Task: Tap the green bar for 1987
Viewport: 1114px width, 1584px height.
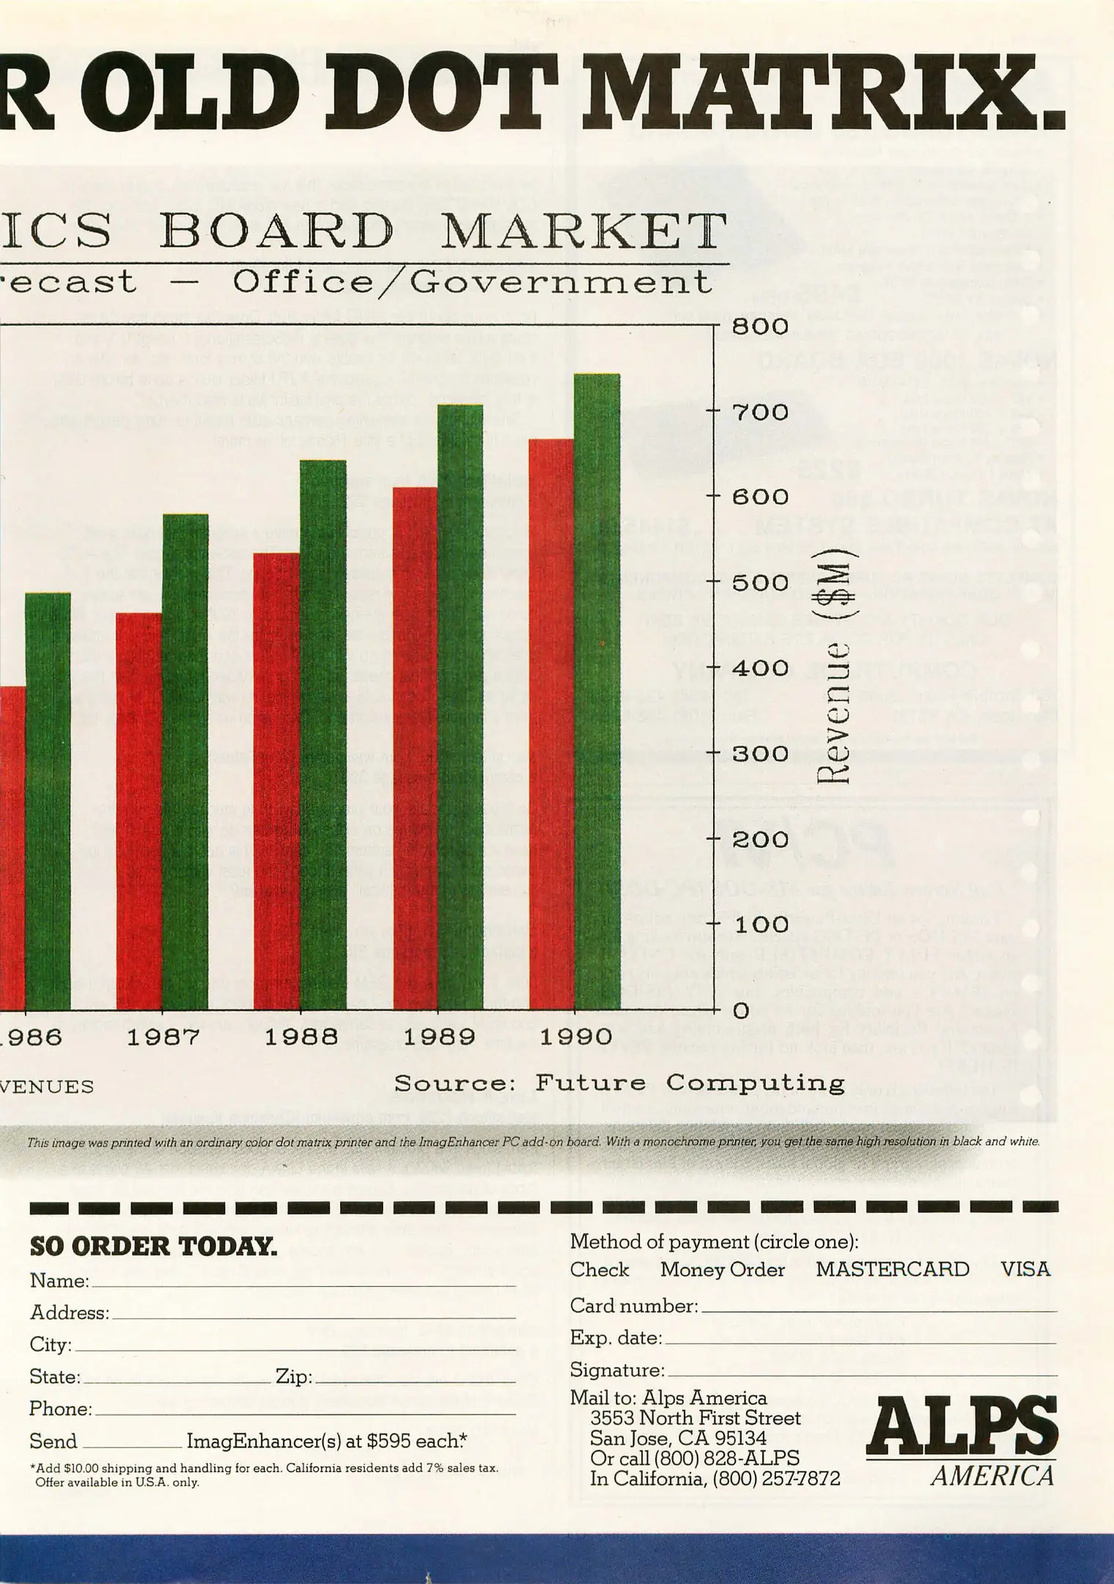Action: click(185, 763)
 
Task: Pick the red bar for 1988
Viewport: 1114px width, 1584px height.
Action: click(277, 781)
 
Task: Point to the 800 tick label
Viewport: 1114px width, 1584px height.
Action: click(760, 326)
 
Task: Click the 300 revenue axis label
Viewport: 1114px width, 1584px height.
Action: click(760, 754)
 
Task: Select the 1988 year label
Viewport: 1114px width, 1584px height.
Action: click(300, 1037)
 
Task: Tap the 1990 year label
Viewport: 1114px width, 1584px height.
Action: click(575, 1037)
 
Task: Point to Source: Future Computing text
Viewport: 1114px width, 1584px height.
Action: click(619, 1083)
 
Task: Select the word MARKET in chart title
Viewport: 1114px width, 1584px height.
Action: click(585, 232)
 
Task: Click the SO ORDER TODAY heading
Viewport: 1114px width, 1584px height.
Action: click(153, 1246)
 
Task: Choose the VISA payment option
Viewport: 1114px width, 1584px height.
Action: click(1025, 1269)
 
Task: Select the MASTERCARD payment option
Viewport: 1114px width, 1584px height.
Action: click(892, 1269)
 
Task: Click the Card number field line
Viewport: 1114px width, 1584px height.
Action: click(878, 1309)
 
